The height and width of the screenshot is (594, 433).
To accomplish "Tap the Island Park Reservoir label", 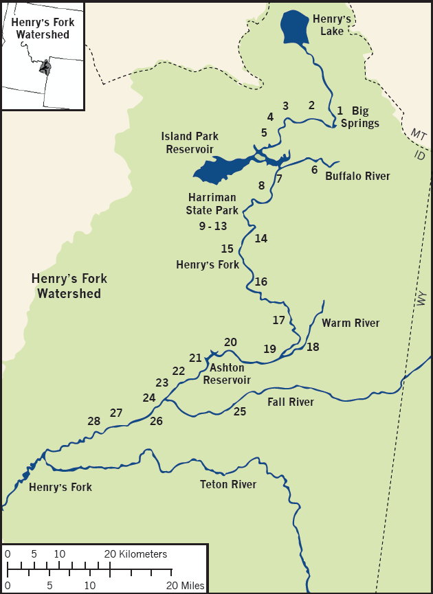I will point(188,143).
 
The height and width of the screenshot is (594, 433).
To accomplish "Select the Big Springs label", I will point(359,117).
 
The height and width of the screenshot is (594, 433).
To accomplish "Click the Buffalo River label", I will point(357,176).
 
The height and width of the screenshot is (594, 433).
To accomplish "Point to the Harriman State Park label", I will point(212,205).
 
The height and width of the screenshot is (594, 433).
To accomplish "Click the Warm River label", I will point(351,323).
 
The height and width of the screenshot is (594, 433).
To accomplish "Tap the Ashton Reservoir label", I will point(227,374).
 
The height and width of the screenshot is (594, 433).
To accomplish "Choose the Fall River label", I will point(291,402).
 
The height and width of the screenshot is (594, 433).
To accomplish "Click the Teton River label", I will point(228,485).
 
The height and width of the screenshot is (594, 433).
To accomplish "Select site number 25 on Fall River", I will point(239,412).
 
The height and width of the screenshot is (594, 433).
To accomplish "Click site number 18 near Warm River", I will point(313,347).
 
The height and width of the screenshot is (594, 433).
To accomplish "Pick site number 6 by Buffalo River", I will point(314,170).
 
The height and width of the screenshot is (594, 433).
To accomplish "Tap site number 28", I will point(94,421).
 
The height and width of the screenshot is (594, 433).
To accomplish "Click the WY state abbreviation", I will point(421,299).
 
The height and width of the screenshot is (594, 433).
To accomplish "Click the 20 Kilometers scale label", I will point(135,553).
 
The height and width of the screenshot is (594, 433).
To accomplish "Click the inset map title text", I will point(43,27).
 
